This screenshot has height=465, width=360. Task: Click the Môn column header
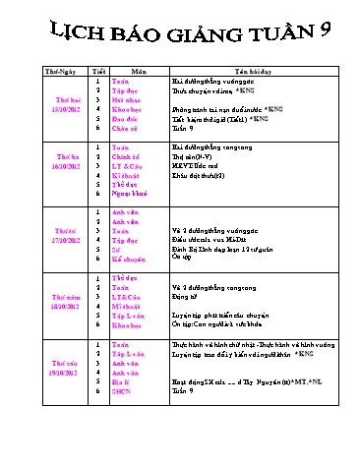click(x=139, y=72)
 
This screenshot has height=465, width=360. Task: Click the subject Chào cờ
click(x=124, y=128)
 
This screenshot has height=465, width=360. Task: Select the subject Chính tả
click(x=125, y=155)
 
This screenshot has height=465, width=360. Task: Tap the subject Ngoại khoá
click(x=128, y=193)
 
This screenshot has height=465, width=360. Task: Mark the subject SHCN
click(x=122, y=390)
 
